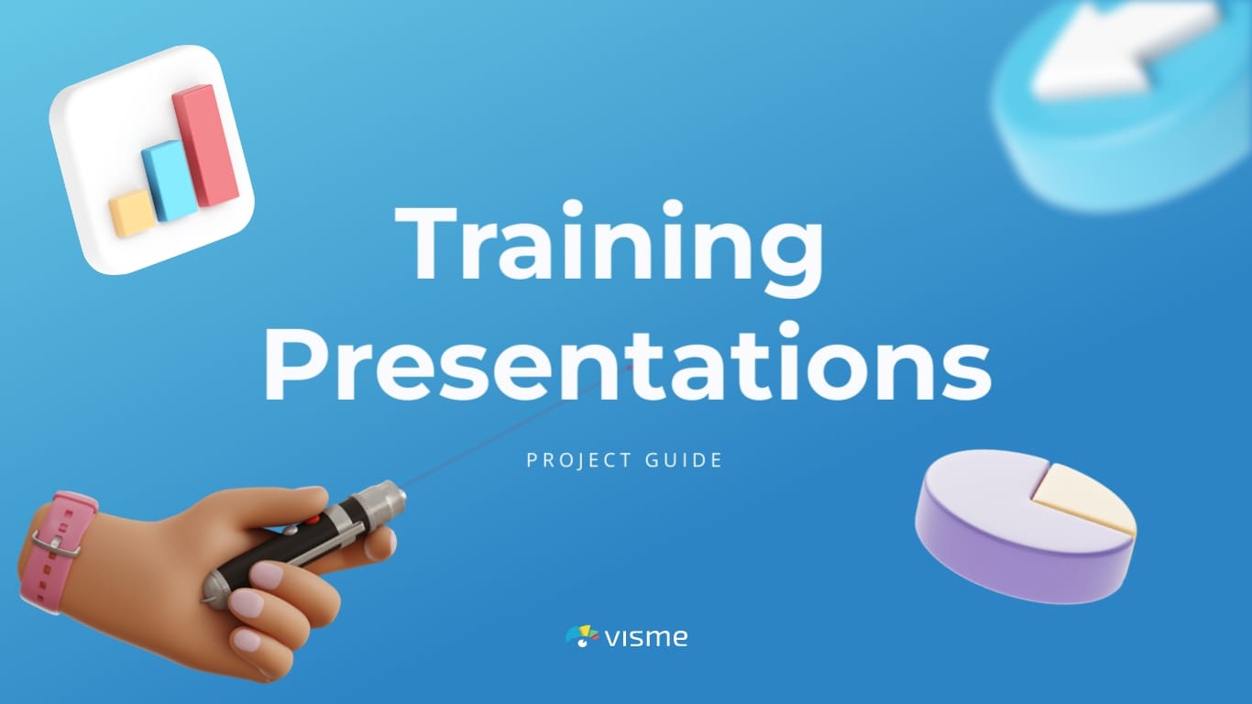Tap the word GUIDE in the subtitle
(x=684, y=460)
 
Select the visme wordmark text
(x=646, y=637)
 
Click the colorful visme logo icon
(x=582, y=636)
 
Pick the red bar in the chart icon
(x=205, y=145)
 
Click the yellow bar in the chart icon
(x=132, y=213)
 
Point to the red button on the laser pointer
(x=313, y=520)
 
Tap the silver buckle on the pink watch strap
(x=55, y=543)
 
